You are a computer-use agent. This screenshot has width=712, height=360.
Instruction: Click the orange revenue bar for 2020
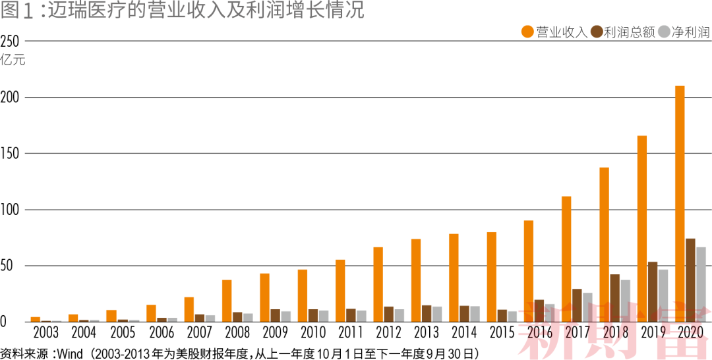(x=680, y=204)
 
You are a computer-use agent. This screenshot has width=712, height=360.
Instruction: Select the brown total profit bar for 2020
(x=690, y=280)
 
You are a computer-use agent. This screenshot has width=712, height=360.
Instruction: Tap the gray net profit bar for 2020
(x=701, y=284)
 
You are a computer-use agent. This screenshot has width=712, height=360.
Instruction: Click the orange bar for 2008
(x=227, y=301)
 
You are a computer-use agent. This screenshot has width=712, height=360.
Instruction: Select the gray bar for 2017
(x=587, y=307)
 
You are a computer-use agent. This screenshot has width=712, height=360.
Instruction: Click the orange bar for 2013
(x=416, y=280)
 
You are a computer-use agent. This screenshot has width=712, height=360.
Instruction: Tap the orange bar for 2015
(x=492, y=277)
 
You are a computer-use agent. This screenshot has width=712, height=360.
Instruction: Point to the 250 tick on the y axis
(x=11, y=41)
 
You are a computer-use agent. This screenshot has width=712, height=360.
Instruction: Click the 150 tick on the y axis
(x=11, y=154)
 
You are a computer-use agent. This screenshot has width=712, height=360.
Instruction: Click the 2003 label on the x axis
(x=45, y=331)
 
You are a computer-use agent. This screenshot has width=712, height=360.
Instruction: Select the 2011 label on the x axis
(x=350, y=331)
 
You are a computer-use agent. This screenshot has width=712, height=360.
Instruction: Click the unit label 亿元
(x=13, y=60)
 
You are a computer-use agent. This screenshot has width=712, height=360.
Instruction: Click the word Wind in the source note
(x=70, y=353)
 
